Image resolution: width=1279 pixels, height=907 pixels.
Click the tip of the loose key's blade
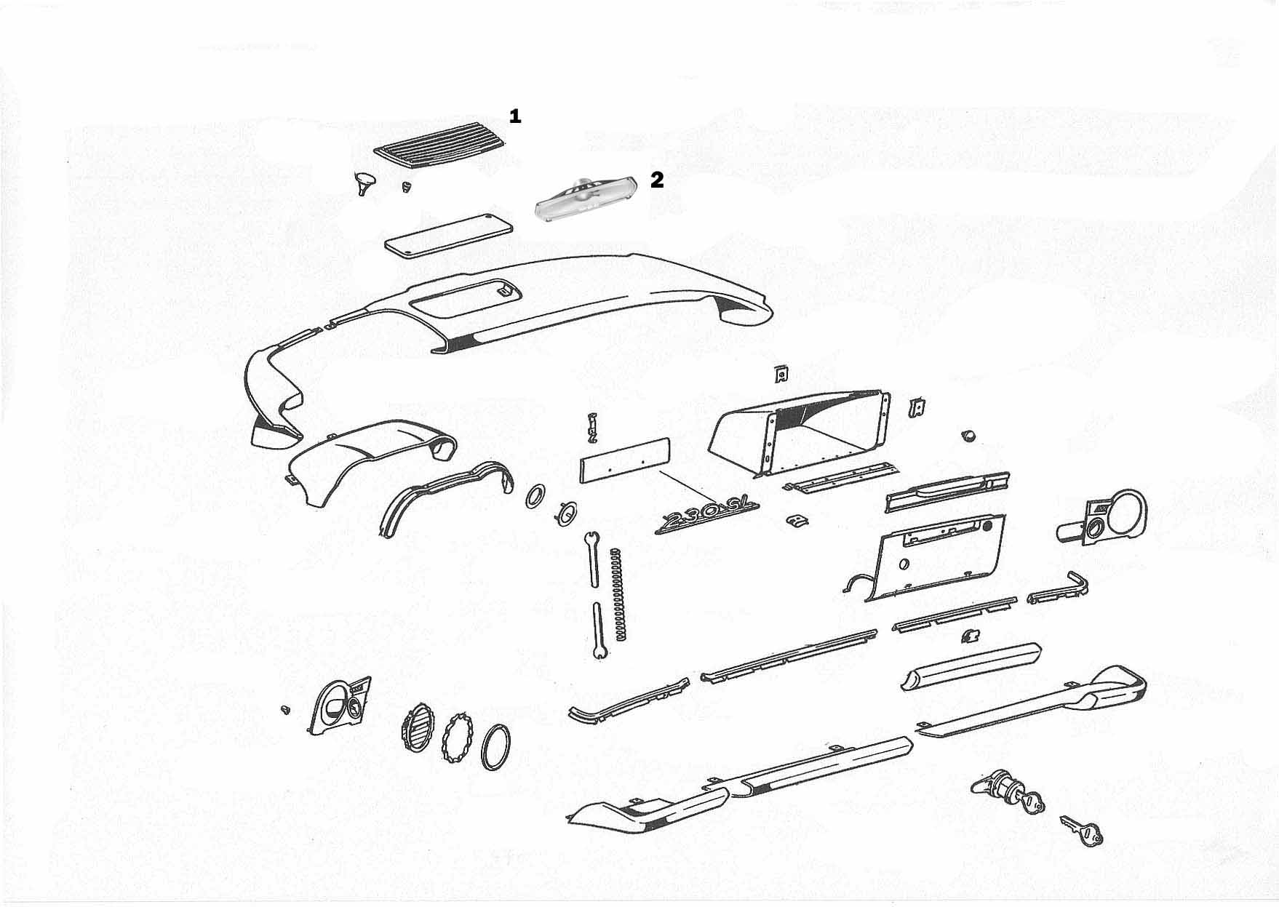(x=1061, y=818)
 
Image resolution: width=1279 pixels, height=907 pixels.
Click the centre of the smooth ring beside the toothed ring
(x=496, y=747)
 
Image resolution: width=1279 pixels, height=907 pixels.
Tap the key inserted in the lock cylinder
(x=1033, y=804)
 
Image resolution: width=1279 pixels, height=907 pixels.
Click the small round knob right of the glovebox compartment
(x=968, y=435)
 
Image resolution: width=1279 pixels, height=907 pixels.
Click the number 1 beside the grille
(x=515, y=116)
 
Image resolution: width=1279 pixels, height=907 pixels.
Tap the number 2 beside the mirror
(x=657, y=180)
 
